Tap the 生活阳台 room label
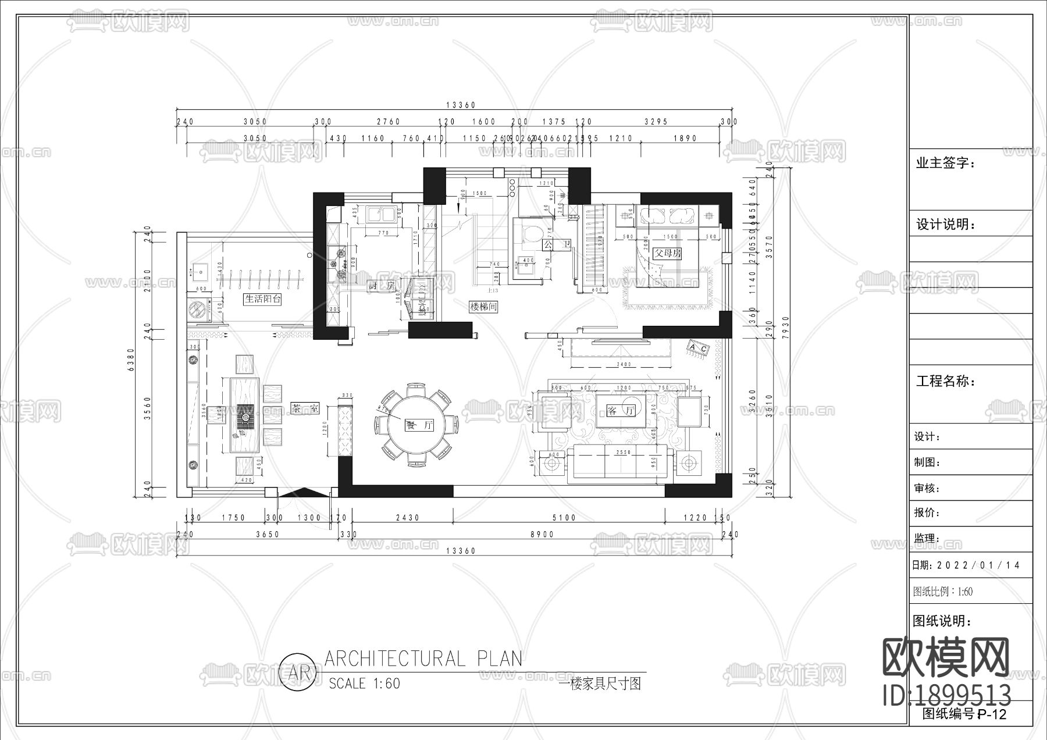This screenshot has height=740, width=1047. click(263, 299)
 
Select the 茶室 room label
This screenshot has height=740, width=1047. click(305, 408)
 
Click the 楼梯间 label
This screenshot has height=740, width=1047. click(483, 306)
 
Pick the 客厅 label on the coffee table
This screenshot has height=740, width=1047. click(621, 411)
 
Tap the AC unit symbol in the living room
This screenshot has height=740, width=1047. click(698, 348)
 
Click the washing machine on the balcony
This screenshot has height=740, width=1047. click(198, 309)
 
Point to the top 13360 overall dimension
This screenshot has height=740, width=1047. click(461, 105)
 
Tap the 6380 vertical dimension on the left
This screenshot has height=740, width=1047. click(131, 362)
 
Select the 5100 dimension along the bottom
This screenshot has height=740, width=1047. click(563, 518)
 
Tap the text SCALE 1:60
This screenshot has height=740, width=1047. click(365, 683)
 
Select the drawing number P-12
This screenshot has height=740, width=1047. click(991, 714)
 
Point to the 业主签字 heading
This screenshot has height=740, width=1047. click(945, 163)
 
